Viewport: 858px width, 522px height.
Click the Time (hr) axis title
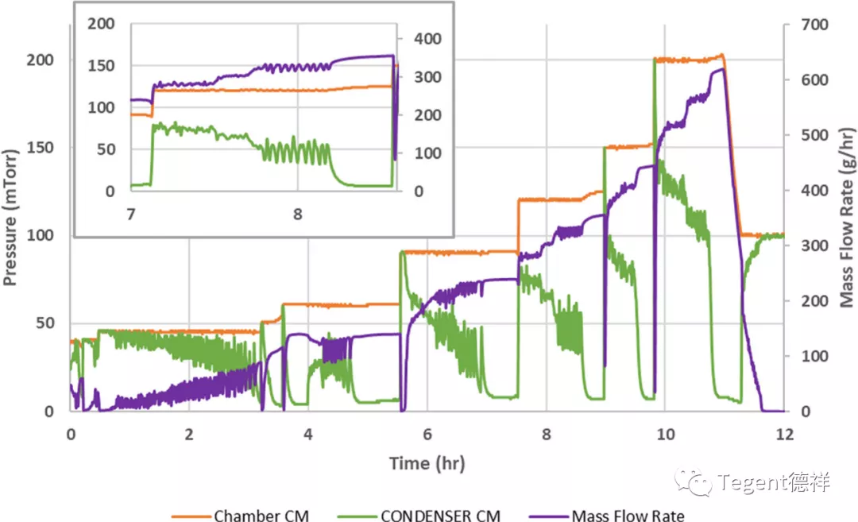click(427, 462)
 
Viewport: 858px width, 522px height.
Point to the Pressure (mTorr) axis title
click(11, 217)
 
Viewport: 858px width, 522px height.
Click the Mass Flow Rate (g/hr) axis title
click(847, 217)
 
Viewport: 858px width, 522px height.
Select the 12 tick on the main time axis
click(784, 435)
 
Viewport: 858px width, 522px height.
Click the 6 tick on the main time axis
click(427, 435)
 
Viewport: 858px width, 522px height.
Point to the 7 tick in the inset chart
click(131, 214)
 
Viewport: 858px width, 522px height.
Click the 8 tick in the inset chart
click(298, 214)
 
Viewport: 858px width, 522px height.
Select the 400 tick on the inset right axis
click(427, 38)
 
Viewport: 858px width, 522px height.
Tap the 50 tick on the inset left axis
click(106, 149)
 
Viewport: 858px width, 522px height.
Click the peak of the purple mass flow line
click(721, 69)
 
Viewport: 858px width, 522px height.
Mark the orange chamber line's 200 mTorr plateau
click(687, 60)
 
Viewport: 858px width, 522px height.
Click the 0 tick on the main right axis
click(797, 412)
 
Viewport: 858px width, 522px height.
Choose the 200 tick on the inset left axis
click(101, 23)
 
